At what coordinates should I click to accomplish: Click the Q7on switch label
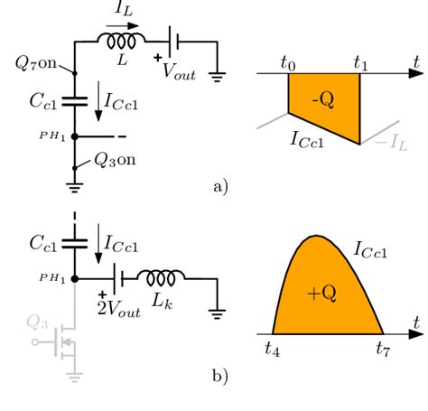[x=36, y=62]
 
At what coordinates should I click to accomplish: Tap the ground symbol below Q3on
[x=73, y=187]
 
